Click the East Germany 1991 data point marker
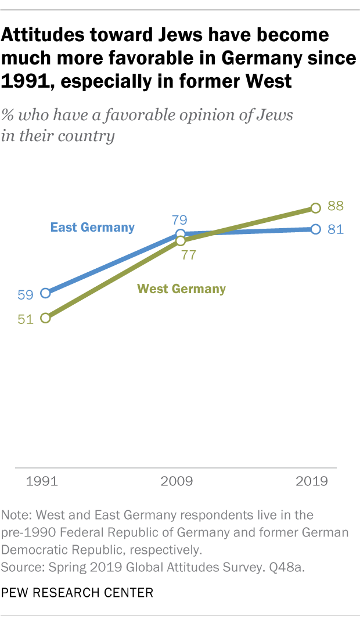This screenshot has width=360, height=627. coord(45,293)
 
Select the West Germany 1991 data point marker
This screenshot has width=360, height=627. coord(45,318)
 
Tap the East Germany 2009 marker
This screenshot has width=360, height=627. coord(181,234)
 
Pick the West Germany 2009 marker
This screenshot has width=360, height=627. coord(181,240)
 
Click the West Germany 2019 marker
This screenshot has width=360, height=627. coord(315,207)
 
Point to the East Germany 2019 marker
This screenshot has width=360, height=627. coord(315,229)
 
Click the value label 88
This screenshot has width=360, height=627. coord(335,206)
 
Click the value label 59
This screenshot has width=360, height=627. coord(26,294)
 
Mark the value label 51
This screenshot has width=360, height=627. coord(26,319)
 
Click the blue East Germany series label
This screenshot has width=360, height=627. coord(92,228)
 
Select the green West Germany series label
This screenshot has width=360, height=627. coord(181,289)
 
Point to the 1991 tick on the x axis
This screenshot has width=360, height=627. coord(42,481)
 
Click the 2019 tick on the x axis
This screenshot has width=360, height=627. coord(312,481)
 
